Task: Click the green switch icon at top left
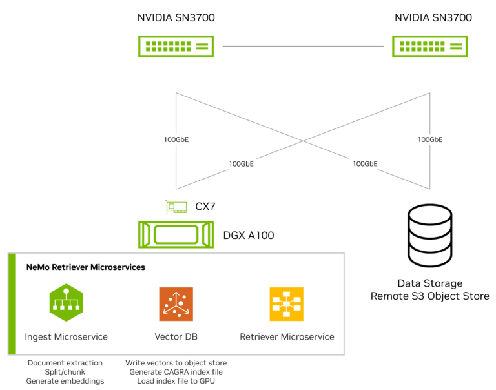click(176, 46)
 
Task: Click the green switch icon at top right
click(429, 46)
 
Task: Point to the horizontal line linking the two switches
click(303, 46)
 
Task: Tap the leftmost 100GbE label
click(176, 139)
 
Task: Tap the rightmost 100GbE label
click(429, 139)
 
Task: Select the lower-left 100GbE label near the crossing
click(241, 164)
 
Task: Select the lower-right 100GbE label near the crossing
click(365, 164)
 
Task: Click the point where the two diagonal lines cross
click(303, 141)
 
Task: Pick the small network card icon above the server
click(176, 207)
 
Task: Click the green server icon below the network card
click(176, 234)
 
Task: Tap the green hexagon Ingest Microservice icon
click(66, 303)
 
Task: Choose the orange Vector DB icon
click(176, 303)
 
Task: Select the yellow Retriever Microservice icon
click(286, 303)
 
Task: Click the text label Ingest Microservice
click(66, 337)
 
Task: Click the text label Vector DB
click(176, 337)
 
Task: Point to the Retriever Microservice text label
click(287, 337)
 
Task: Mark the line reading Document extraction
click(65, 363)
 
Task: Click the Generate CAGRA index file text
click(176, 373)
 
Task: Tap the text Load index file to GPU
click(176, 382)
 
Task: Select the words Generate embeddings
click(65, 382)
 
